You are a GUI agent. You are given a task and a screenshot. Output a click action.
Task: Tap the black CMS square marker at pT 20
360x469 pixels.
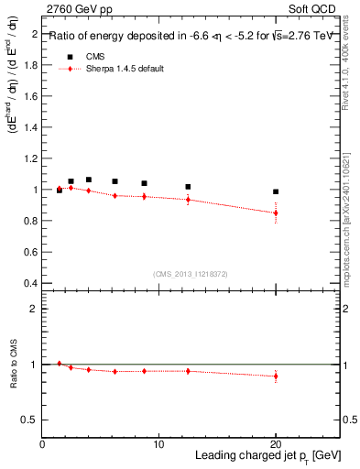pos(276,191)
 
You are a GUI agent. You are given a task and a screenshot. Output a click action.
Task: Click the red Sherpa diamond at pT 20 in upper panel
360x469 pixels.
pos(276,213)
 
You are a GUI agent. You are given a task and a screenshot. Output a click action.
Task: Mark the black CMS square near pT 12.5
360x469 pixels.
pos(188,187)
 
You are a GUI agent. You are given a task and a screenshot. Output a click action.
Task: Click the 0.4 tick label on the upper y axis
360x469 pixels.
pos(30,283)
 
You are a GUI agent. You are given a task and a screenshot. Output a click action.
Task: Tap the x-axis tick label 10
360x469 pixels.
pos(158,444)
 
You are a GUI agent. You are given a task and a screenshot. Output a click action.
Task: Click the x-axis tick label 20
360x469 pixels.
pos(276,444)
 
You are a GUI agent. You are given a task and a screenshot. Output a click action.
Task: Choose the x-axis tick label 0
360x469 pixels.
pos(42,444)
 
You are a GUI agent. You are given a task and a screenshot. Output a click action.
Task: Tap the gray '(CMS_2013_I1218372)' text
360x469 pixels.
pos(190,274)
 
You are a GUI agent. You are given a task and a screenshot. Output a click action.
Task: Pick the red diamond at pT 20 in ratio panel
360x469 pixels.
pos(276,376)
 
